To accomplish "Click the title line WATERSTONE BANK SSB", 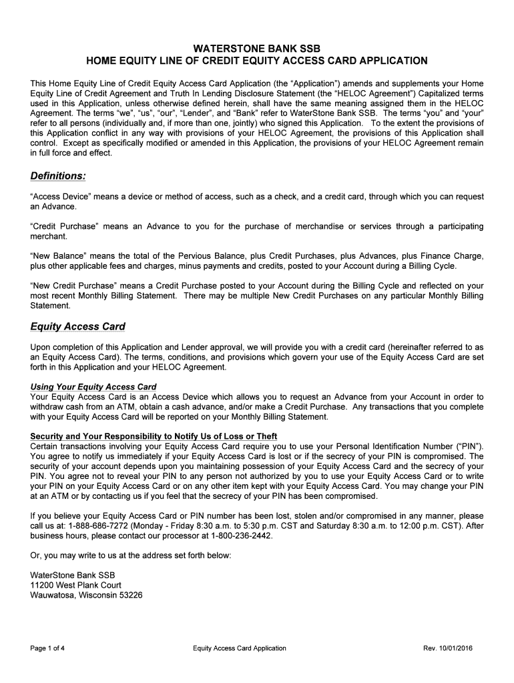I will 256,49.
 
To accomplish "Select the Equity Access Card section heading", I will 77,327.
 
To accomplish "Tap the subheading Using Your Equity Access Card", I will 93,387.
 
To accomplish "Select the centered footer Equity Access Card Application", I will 239,648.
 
